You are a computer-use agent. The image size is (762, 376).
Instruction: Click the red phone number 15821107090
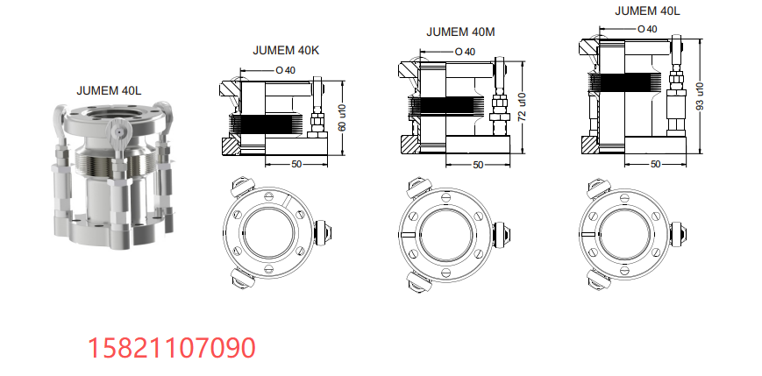click(172, 348)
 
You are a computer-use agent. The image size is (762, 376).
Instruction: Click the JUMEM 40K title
click(286, 50)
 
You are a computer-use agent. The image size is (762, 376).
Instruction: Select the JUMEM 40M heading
click(460, 32)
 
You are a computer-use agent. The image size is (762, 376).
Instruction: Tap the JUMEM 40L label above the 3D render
click(109, 90)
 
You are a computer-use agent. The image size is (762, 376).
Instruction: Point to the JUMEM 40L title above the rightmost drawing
click(647, 11)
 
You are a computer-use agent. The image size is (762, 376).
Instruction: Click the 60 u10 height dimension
click(342, 118)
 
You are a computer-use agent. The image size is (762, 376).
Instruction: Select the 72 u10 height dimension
click(522, 107)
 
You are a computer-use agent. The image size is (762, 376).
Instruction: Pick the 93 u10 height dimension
click(701, 96)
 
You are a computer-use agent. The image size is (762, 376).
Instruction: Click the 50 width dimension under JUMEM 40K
click(296, 164)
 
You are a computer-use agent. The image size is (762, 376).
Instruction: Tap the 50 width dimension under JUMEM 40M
click(478, 165)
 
